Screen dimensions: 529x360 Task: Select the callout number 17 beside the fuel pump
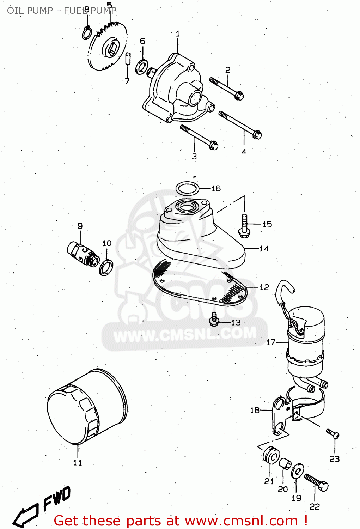[271, 342]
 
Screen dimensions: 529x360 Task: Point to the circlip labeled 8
[87, 34]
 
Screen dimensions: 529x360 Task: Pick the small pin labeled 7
[128, 58]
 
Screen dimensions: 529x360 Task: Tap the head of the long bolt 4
[257, 134]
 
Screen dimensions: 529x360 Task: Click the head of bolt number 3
[213, 145]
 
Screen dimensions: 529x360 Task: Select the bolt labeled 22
[317, 482]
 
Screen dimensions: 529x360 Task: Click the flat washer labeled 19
[298, 471]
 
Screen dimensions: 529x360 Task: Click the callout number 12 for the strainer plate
[264, 287]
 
